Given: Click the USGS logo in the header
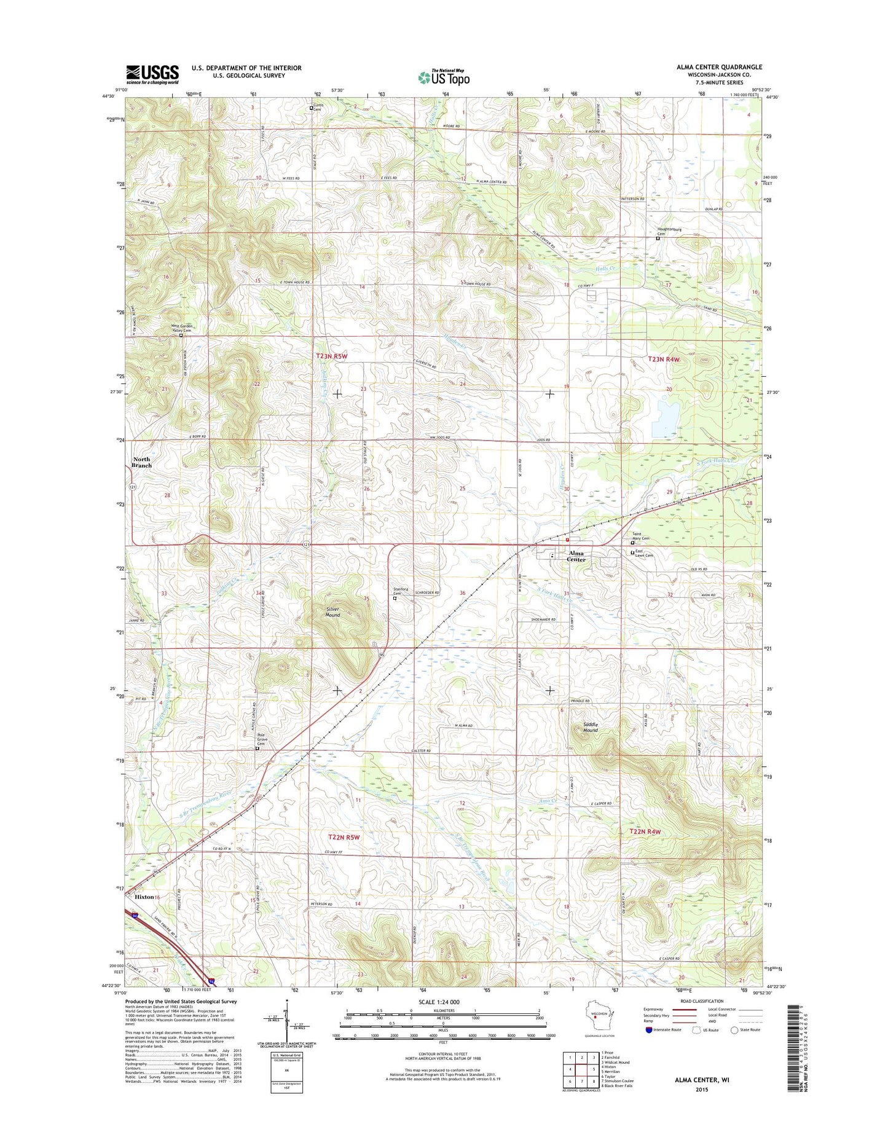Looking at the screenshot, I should [x=152, y=74].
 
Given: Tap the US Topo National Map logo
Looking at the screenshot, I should [x=444, y=77].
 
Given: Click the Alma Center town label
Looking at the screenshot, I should [x=576, y=556].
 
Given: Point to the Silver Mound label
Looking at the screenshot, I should [x=332, y=612].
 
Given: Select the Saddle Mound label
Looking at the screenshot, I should [x=590, y=727].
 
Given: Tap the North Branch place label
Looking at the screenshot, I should [x=141, y=462].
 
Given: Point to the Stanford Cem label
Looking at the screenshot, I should [x=400, y=591].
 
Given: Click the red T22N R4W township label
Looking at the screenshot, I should [x=645, y=831].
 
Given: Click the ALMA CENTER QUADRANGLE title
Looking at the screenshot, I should [x=719, y=67].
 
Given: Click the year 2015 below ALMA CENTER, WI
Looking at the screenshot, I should [x=702, y=1090].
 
